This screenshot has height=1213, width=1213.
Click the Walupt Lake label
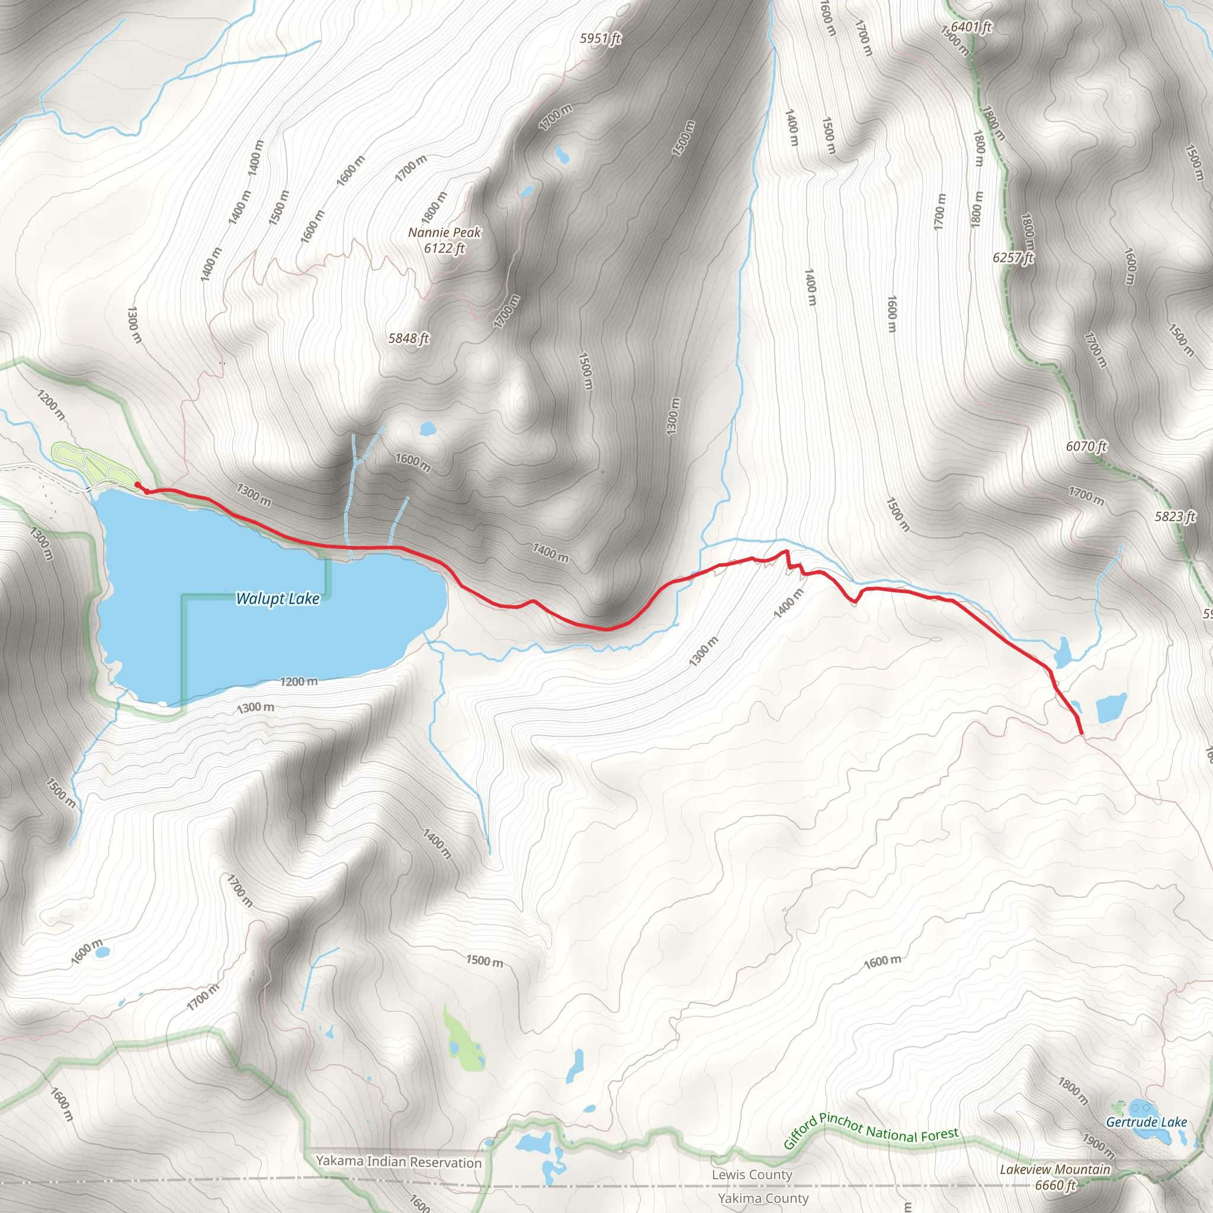click(278, 598)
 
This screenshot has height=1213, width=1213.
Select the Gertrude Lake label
click(1147, 1122)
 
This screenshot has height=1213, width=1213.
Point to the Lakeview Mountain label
click(1055, 1169)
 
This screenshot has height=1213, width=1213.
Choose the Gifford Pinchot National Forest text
click(871, 1131)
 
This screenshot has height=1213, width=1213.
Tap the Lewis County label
click(752, 1174)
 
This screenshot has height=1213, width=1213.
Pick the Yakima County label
click(763, 1198)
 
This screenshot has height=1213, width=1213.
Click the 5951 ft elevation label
click(599, 39)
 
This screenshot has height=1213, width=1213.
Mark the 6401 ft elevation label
click(971, 27)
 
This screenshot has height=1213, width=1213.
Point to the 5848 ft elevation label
click(408, 339)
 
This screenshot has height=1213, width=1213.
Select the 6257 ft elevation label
click(1013, 258)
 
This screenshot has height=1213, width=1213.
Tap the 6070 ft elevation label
click(1086, 447)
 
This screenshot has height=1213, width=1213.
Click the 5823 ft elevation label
click(1175, 516)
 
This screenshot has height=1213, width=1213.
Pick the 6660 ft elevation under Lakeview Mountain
click(1055, 1185)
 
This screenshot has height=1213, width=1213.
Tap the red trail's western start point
click(137, 484)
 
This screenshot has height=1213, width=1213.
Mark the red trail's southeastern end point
click(1081, 732)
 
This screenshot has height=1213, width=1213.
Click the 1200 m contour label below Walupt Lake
click(299, 681)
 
